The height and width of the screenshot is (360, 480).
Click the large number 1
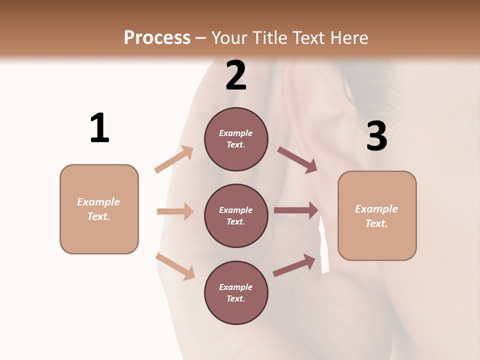[x=99, y=128]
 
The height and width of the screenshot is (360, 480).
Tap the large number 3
[x=376, y=136]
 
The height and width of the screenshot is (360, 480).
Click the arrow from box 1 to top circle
[x=174, y=159]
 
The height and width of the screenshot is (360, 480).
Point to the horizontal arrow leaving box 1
[x=175, y=211]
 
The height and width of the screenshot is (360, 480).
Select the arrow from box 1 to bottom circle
[x=175, y=266]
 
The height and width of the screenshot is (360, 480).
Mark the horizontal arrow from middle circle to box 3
[x=296, y=210]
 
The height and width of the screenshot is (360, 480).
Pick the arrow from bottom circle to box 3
[x=294, y=265]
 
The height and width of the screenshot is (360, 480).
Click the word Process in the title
[x=157, y=37]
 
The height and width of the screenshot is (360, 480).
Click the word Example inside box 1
[x=98, y=202]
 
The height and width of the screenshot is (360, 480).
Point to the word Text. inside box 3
[x=376, y=223]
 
